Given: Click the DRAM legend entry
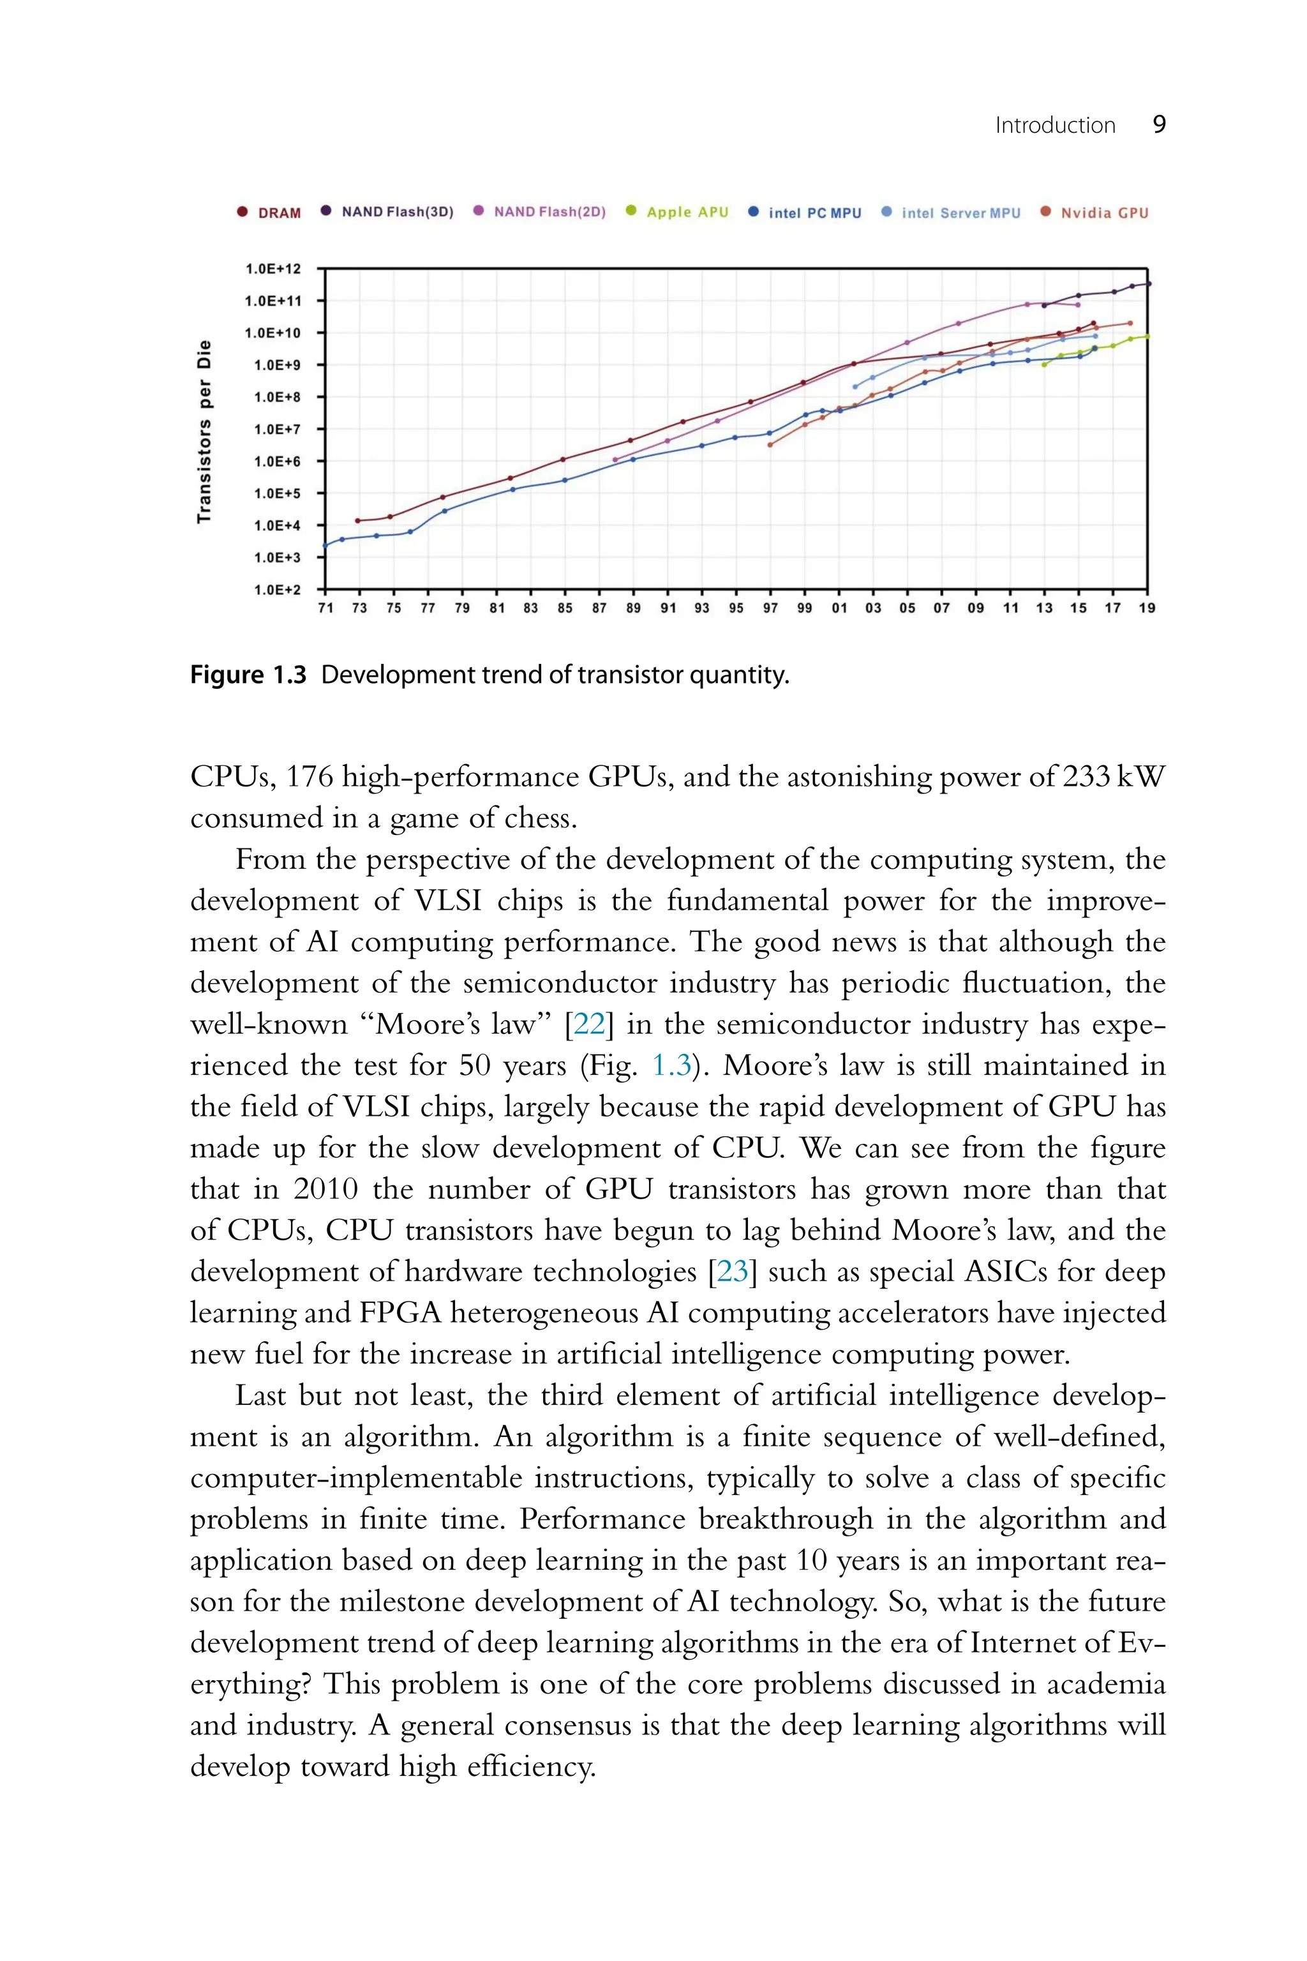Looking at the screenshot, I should coord(278,213).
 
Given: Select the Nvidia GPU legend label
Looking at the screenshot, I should coord(1103,213).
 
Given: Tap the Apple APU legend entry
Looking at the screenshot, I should coord(687,212).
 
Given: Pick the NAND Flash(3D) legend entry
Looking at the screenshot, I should coord(397,212).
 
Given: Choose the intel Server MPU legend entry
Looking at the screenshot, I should coord(960,213).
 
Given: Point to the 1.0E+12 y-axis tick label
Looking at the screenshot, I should coord(273,269).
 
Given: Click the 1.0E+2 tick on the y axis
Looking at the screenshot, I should coord(276,589).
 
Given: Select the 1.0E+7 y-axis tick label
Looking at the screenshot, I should coord(276,430).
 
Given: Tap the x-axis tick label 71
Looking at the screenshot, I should coord(326,608).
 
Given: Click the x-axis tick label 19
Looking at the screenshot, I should coord(1147,608).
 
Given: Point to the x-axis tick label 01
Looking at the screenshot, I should coord(839,608).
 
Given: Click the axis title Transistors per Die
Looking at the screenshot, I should coord(204,432).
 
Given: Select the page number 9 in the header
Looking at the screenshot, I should coord(1159,125).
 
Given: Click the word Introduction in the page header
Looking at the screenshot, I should coord(1054,125).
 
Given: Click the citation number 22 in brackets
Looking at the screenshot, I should coord(588,1024).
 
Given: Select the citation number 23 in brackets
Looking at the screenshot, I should coord(733,1271).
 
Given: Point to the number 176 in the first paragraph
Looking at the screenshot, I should coord(310,777).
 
